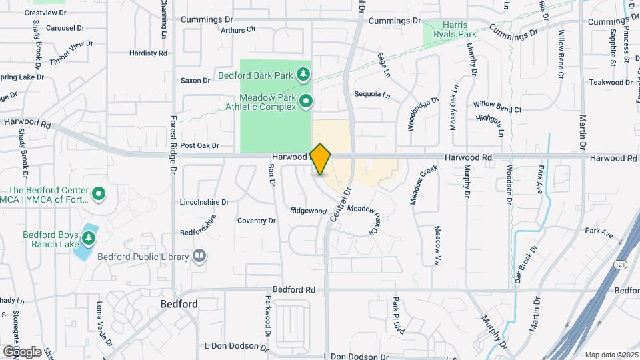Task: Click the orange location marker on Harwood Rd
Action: point(321,159)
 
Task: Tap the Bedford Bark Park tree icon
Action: point(304,73)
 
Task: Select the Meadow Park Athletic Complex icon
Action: point(306,101)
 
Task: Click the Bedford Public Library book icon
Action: point(199,256)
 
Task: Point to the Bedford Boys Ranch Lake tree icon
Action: point(88,237)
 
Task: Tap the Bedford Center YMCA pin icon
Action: point(99,194)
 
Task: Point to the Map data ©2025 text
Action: point(610,355)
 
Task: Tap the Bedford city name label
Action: point(179,304)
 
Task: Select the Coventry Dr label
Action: point(257,221)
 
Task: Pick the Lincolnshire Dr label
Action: point(204,201)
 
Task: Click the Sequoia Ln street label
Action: point(372,95)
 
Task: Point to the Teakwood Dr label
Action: point(611,82)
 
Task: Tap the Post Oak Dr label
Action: point(199,145)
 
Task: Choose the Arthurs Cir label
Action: point(238,29)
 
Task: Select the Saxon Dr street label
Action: point(195,81)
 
